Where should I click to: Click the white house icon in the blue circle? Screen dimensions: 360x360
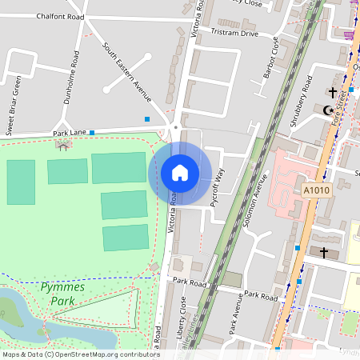pyautogui.click(x=180, y=173)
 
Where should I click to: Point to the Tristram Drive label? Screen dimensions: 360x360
pyautogui.click(x=234, y=34)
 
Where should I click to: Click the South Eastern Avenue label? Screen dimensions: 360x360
pyautogui.click(x=127, y=72)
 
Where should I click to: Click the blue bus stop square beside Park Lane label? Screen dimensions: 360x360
pyautogui.click(x=92, y=132)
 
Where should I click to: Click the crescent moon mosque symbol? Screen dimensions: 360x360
pyautogui.click(x=328, y=110)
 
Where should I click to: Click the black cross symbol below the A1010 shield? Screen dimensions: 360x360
pyautogui.click(x=324, y=252)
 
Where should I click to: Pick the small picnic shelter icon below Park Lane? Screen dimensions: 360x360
pyautogui.click(x=62, y=145)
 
